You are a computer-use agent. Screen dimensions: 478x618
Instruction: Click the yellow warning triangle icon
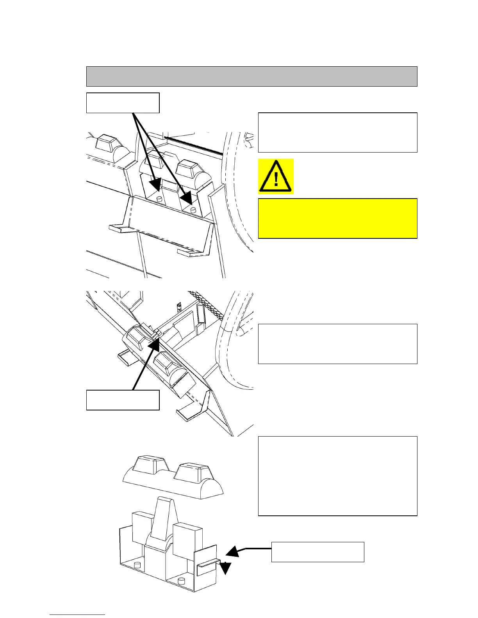pos(276,177)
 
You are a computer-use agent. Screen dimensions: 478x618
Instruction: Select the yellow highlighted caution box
pos(337,218)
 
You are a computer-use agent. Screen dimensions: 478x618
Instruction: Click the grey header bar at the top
pos(251,76)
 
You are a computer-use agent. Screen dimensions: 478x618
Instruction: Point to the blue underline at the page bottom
pos(77,615)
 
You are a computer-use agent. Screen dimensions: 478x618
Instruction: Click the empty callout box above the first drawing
pos(123,103)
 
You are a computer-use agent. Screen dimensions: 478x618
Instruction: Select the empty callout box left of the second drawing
pos(123,400)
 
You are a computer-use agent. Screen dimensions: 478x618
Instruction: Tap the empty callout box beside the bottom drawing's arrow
pos(317,552)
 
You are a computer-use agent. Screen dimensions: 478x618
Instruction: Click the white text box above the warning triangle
pos(337,132)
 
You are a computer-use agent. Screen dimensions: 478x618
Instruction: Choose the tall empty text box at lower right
pos(337,476)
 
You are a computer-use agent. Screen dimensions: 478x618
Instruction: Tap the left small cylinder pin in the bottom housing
pos(137,565)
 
